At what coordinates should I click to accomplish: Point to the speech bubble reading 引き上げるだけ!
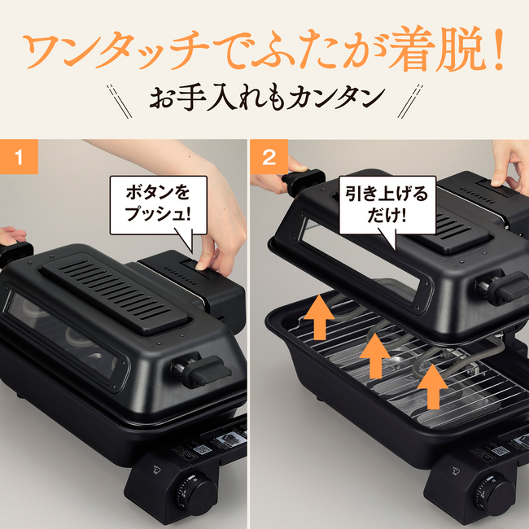coord(387,204)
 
